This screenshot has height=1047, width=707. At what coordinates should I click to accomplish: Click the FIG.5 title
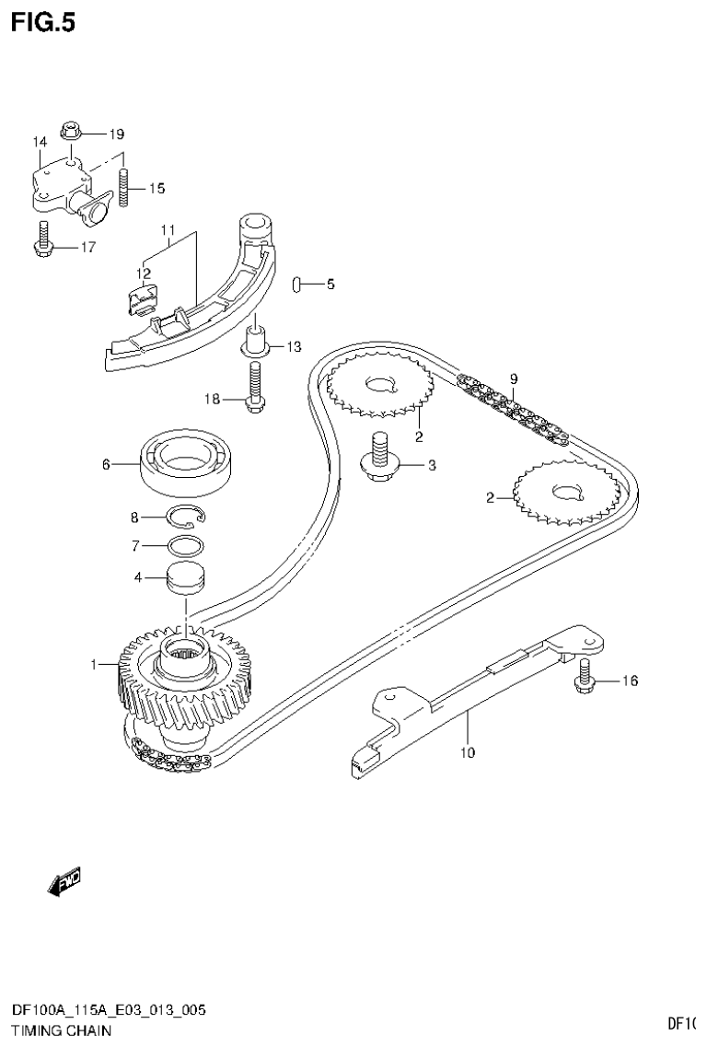tap(42, 21)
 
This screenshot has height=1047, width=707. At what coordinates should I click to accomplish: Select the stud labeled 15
tap(125, 189)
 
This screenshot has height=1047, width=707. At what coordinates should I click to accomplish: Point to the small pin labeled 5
tap(298, 285)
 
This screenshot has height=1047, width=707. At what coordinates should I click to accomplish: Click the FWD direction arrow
tap(63, 882)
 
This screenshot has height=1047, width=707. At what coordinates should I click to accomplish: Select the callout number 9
tap(514, 378)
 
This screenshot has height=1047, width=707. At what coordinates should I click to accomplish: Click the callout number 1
tap(93, 663)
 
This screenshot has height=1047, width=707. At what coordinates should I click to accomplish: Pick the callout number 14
tap(40, 142)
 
